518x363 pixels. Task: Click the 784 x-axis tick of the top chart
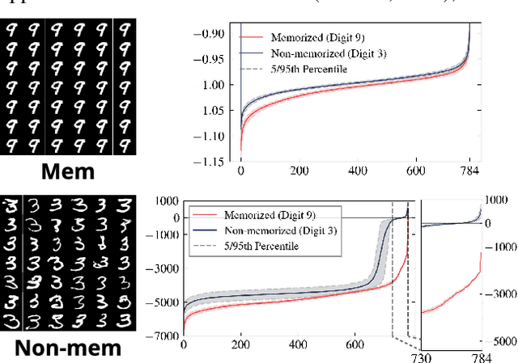point(469,172)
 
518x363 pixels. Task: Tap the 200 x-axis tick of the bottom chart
point(240,344)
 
